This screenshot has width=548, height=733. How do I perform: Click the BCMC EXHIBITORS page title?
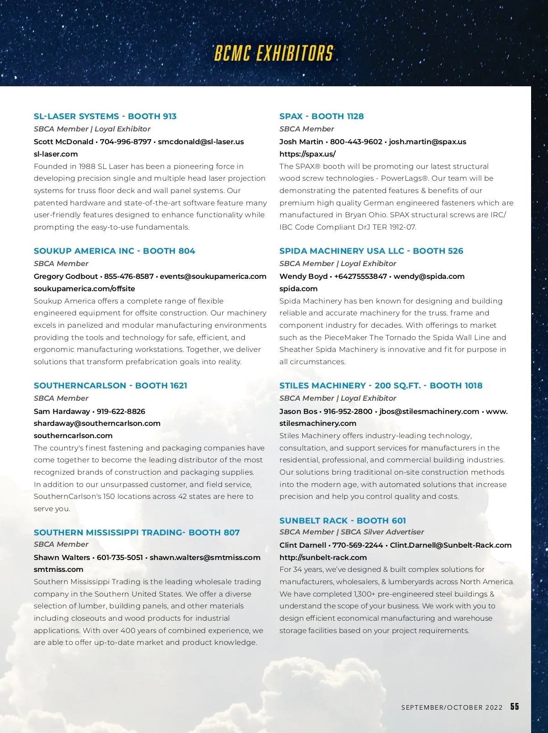click(274, 54)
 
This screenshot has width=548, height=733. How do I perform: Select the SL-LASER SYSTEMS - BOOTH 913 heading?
click(105, 116)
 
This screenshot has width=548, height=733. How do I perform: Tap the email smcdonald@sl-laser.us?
click(201, 142)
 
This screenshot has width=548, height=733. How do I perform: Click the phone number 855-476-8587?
click(129, 277)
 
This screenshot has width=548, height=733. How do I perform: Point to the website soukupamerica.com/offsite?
click(84, 289)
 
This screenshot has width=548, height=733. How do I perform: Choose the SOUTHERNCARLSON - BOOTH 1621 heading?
click(111, 386)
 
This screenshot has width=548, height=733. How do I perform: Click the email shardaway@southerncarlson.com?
click(97, 424)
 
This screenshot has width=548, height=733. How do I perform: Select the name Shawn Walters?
click(62, 558)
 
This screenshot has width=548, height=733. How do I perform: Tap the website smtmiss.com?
click(58, 570)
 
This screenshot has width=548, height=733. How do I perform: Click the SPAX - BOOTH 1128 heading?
click(321, 116)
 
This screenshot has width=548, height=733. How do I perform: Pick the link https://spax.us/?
click(307, 154)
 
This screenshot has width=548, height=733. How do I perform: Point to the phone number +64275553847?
click(360, 277)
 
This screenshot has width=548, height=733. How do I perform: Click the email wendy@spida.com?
click(429, 277)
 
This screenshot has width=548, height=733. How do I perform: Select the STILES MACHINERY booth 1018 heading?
click(381, 386)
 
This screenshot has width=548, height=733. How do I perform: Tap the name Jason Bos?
click(298, 412)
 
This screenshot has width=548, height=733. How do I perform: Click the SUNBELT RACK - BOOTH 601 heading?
click(342, 521)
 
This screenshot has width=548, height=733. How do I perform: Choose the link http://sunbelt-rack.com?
click(323, 558)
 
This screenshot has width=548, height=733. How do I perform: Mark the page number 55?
click(515, 707)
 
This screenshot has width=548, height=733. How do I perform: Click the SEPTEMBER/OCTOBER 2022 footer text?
click(452, 707)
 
